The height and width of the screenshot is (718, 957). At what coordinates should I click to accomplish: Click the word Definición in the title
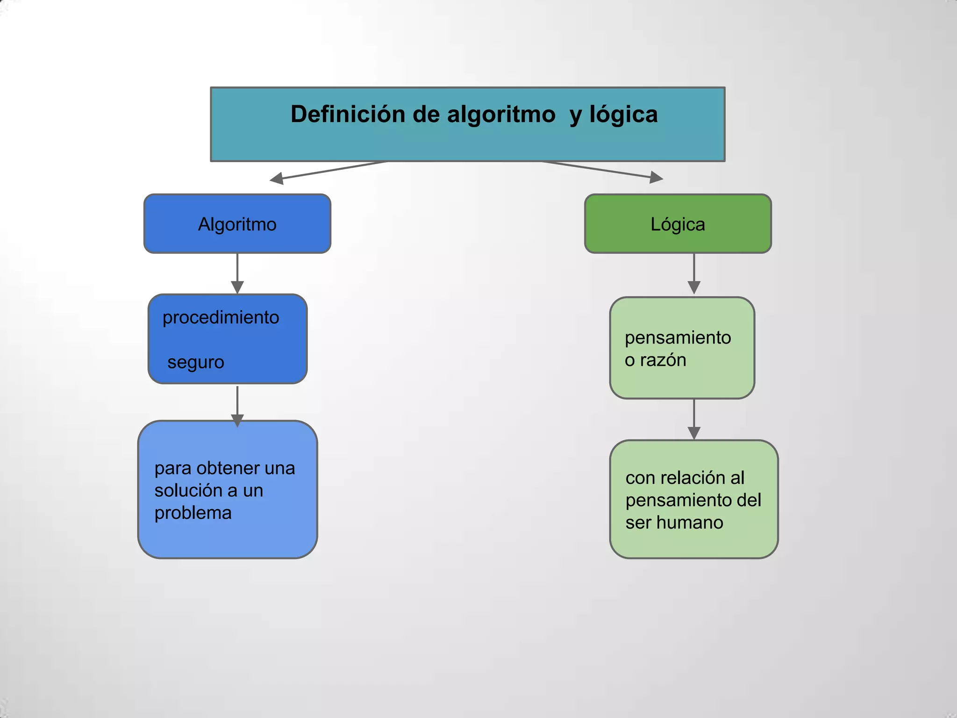[348, 115]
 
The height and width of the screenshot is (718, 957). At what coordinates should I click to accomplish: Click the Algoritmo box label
[237, 224]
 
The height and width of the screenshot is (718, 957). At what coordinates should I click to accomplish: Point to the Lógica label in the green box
[678, 224]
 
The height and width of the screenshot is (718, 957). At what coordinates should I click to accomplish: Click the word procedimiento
[221, 317]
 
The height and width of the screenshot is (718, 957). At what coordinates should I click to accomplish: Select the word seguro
[196, 362]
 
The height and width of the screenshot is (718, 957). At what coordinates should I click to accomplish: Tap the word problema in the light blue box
[193, 513]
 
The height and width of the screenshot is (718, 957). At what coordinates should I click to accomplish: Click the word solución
[189, 490]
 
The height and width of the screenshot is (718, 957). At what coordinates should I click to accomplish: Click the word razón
[663, 360]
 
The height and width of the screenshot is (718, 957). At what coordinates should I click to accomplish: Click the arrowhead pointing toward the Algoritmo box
[277, 178]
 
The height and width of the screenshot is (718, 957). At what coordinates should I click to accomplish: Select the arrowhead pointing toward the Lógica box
[656, 177]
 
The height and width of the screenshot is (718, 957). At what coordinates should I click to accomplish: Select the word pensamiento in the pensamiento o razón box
[678, 337]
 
